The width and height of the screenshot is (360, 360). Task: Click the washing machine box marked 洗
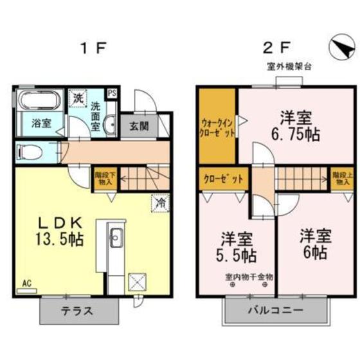coord(77,100)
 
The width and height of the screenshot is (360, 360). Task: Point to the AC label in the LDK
coord(26,282)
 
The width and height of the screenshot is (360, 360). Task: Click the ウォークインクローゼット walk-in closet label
coord(217,126)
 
